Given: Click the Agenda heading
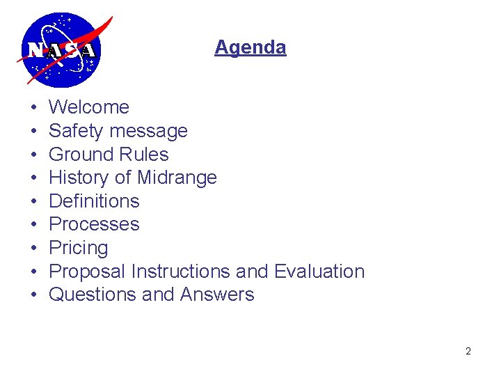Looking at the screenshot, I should (x=250, y=47).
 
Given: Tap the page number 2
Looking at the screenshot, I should (x=468, y=351).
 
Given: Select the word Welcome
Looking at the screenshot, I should (x=89, y=107).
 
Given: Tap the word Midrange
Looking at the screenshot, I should (x=177, y=178).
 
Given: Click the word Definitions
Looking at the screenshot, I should (x=94, y=201).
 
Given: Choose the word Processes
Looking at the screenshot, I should (x=94, y=224).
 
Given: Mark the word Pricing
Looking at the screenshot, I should (x=79, y=249).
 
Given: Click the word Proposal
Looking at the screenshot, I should (x=87, y=272).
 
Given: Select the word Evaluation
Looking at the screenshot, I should (x=319, y=271).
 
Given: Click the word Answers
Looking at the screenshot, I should (x=217, y=295).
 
